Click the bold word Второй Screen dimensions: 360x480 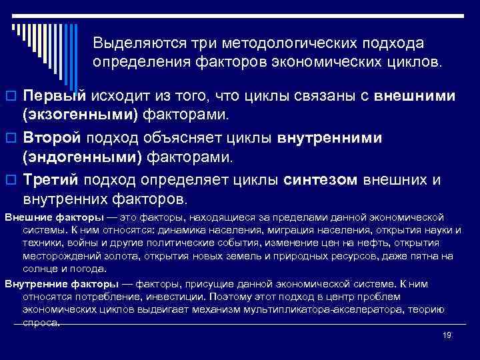click(53, 138)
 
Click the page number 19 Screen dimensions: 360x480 click(447, 336)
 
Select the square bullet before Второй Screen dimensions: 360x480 click(10, 139)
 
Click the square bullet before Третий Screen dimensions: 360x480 click(10, 181)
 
